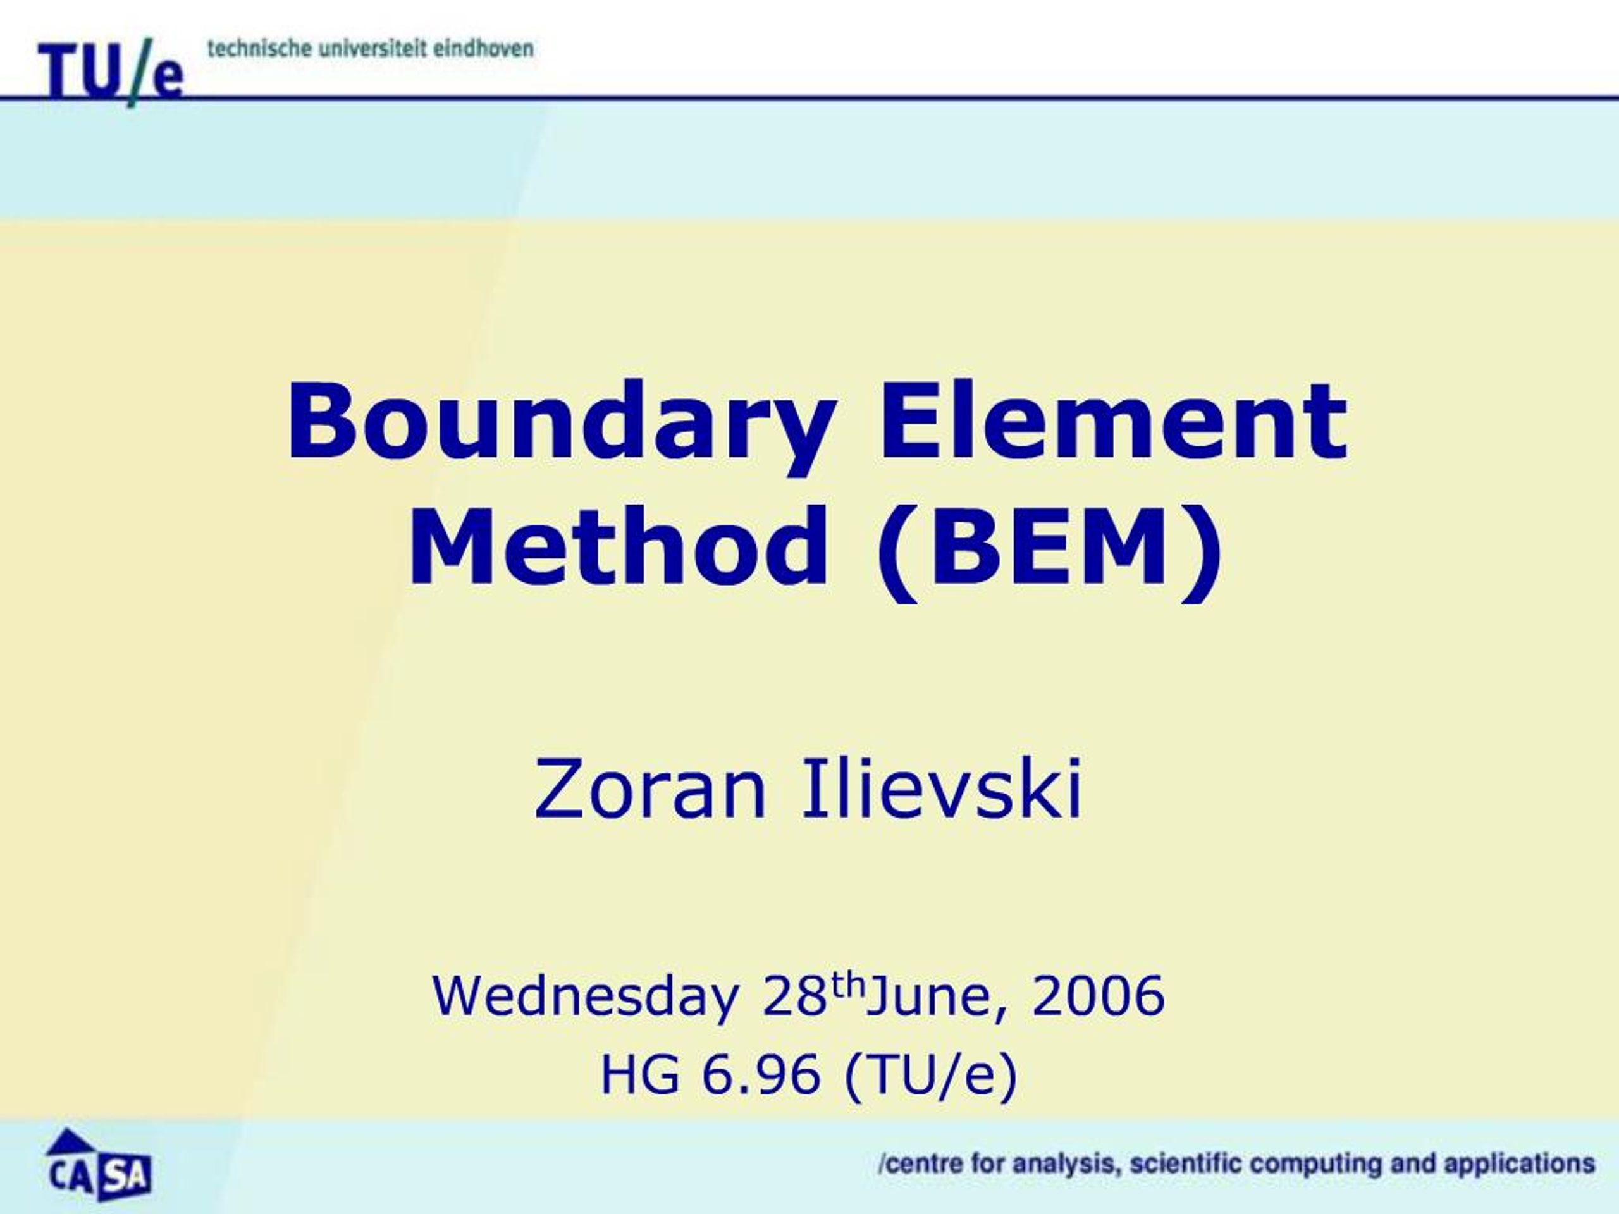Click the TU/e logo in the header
tap(111, 71)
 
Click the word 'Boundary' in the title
tap(562, 426)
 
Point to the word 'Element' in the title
tap(1112, 420)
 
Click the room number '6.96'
tap(760, 1075)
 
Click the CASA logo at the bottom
tap(99, 1164)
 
